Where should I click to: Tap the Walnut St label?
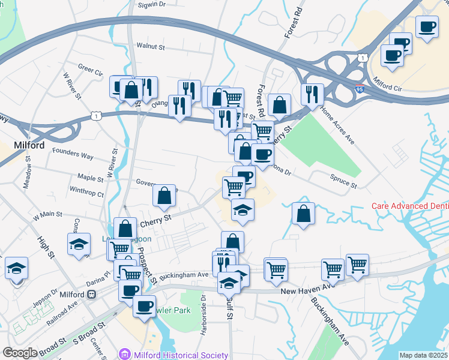(151, 45)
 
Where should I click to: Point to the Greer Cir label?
(91, 71)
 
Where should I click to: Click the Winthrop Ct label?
(86, 193)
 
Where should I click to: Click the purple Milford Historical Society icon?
(124, 355)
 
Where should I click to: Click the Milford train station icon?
(92, 295)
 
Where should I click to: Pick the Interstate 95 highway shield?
(359, 89)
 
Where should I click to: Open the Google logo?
(20, 353)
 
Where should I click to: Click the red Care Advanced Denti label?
(409, 206)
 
